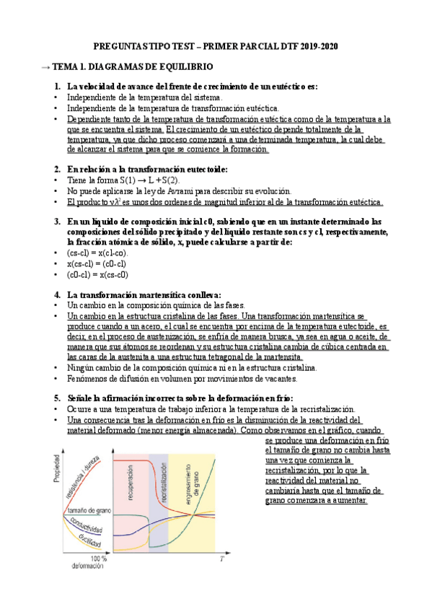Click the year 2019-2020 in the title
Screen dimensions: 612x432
tap(315, 46)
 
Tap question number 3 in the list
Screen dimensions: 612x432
tap(57, 222)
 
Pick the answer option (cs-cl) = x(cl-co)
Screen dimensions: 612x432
tap(97, 253)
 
